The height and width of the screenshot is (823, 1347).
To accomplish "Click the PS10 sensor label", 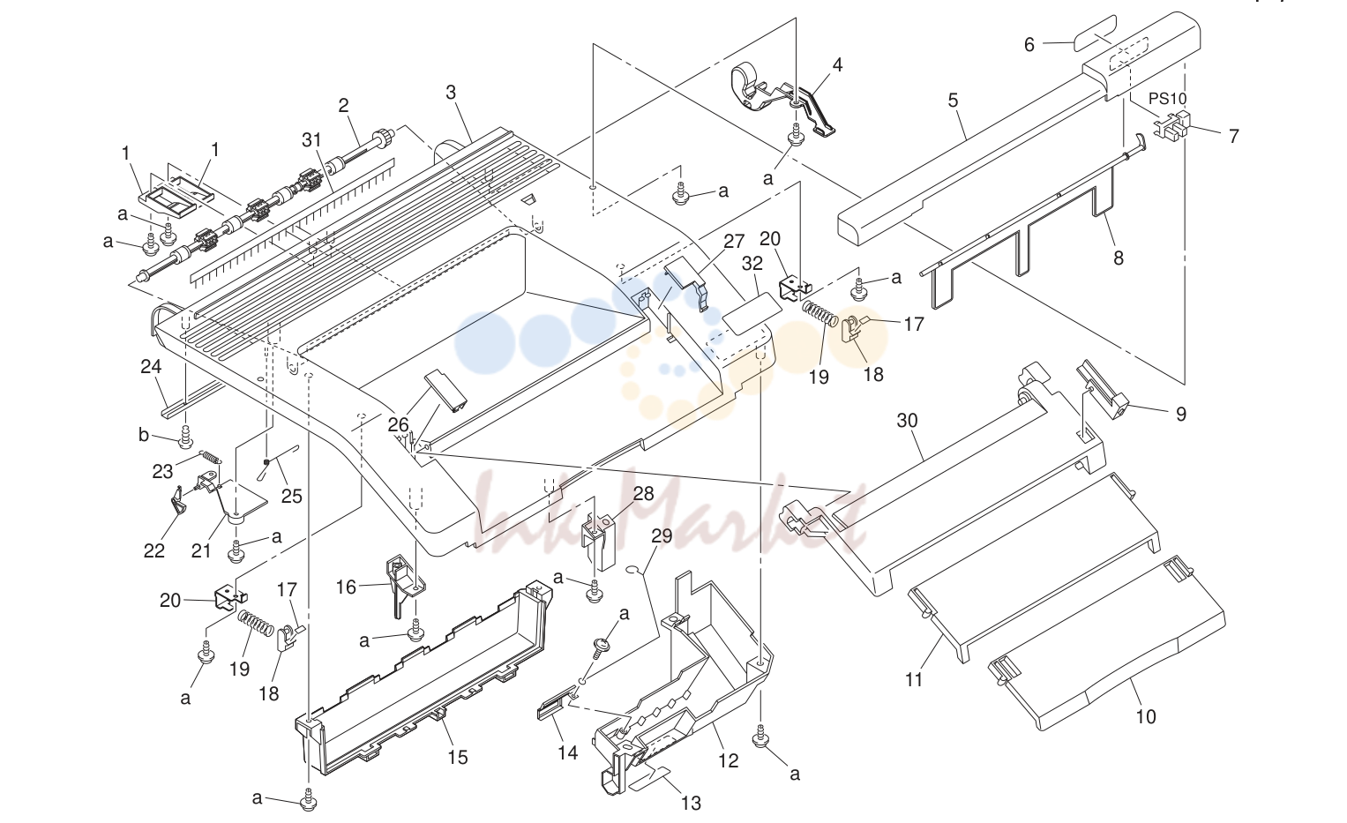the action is click(1168, 98).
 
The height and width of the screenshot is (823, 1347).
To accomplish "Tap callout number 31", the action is click(311, 140).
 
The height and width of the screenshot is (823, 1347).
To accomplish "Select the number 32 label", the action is click(752, 264).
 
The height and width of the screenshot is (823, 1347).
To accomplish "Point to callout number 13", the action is click(691, 803).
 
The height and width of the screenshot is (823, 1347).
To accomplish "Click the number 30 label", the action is click(908, 420).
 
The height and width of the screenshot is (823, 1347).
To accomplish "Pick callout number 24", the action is click(150, 366).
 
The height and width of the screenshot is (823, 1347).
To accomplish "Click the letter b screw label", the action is click(143, 435).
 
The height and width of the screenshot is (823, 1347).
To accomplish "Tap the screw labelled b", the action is click(186, 437).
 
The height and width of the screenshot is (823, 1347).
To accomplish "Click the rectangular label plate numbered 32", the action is click(752, 313).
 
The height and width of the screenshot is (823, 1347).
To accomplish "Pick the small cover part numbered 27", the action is click(686, 281).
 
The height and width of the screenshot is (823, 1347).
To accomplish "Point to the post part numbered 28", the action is click(598, 541).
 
